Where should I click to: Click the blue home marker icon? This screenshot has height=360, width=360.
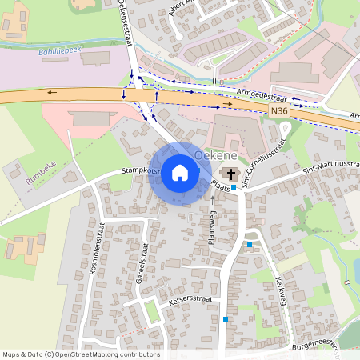[x=180, y=172]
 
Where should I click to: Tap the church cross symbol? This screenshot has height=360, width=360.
[x=231, y=174]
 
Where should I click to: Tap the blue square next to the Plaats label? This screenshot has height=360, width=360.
[x=234, y=187]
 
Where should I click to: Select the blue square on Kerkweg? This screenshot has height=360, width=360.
[x=250, y=244]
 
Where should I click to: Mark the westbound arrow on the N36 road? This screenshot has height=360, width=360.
[x=53, y=93]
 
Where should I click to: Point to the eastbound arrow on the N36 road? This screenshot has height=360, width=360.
[x=229, y=104]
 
